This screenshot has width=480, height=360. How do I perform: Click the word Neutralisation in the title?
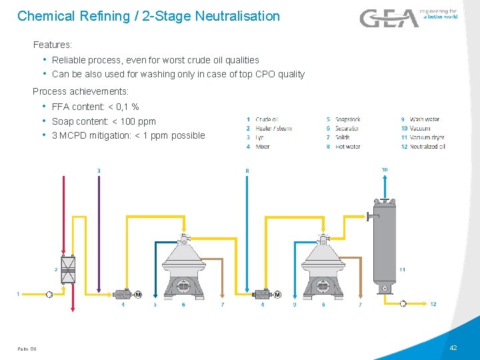[237, 15]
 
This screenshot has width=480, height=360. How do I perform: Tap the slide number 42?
[453, 348]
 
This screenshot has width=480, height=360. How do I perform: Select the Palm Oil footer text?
[27, 349]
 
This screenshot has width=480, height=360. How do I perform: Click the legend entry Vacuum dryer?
[427, 137]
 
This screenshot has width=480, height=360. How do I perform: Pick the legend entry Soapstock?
[347, 119]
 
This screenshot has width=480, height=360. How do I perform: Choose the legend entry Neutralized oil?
[427, 146]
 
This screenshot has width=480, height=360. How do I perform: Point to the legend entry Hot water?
[348, 146]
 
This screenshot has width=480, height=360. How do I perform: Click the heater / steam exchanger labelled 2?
[67, 269]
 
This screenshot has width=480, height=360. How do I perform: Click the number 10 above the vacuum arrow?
[385, 170]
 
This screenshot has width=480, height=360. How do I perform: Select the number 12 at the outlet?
[433, 304]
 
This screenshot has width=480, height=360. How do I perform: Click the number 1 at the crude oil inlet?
[17, 293]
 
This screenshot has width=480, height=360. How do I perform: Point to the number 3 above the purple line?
[99, 171]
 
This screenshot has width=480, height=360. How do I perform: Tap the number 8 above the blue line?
[247, 171]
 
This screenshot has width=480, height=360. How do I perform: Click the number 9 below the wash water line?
[295, 305]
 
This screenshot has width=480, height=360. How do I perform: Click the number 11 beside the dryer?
[402, 269]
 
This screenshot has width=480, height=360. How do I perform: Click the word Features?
[52, 45]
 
